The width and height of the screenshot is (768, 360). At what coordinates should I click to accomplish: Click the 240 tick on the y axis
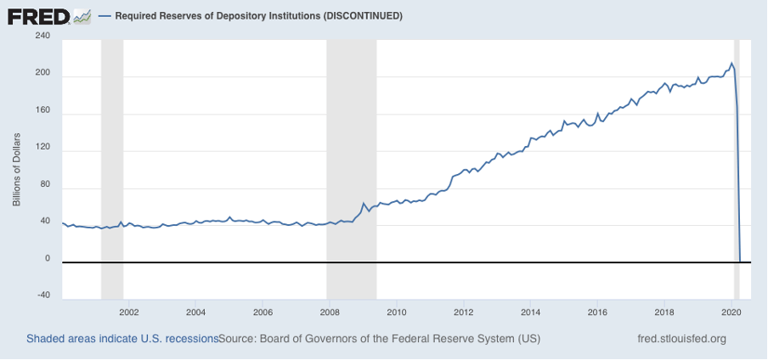[x=42, y=37]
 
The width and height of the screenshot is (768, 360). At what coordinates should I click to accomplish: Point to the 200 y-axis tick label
[x=42, y=74]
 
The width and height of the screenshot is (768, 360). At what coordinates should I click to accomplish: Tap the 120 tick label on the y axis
[x=42, y=148]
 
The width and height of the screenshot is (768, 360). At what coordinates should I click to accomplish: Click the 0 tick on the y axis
[x=47, y=259]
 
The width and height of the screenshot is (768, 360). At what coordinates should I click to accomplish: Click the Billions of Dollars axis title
[x=16, y=169]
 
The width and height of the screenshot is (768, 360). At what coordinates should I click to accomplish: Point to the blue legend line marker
[x=104, y=16]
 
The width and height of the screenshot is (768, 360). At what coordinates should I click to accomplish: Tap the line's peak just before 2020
[x=731, y=63]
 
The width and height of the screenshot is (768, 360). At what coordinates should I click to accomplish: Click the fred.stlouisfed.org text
[x=681, y=339]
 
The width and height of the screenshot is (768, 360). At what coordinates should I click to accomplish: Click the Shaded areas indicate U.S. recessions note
[x=121, y=339]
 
